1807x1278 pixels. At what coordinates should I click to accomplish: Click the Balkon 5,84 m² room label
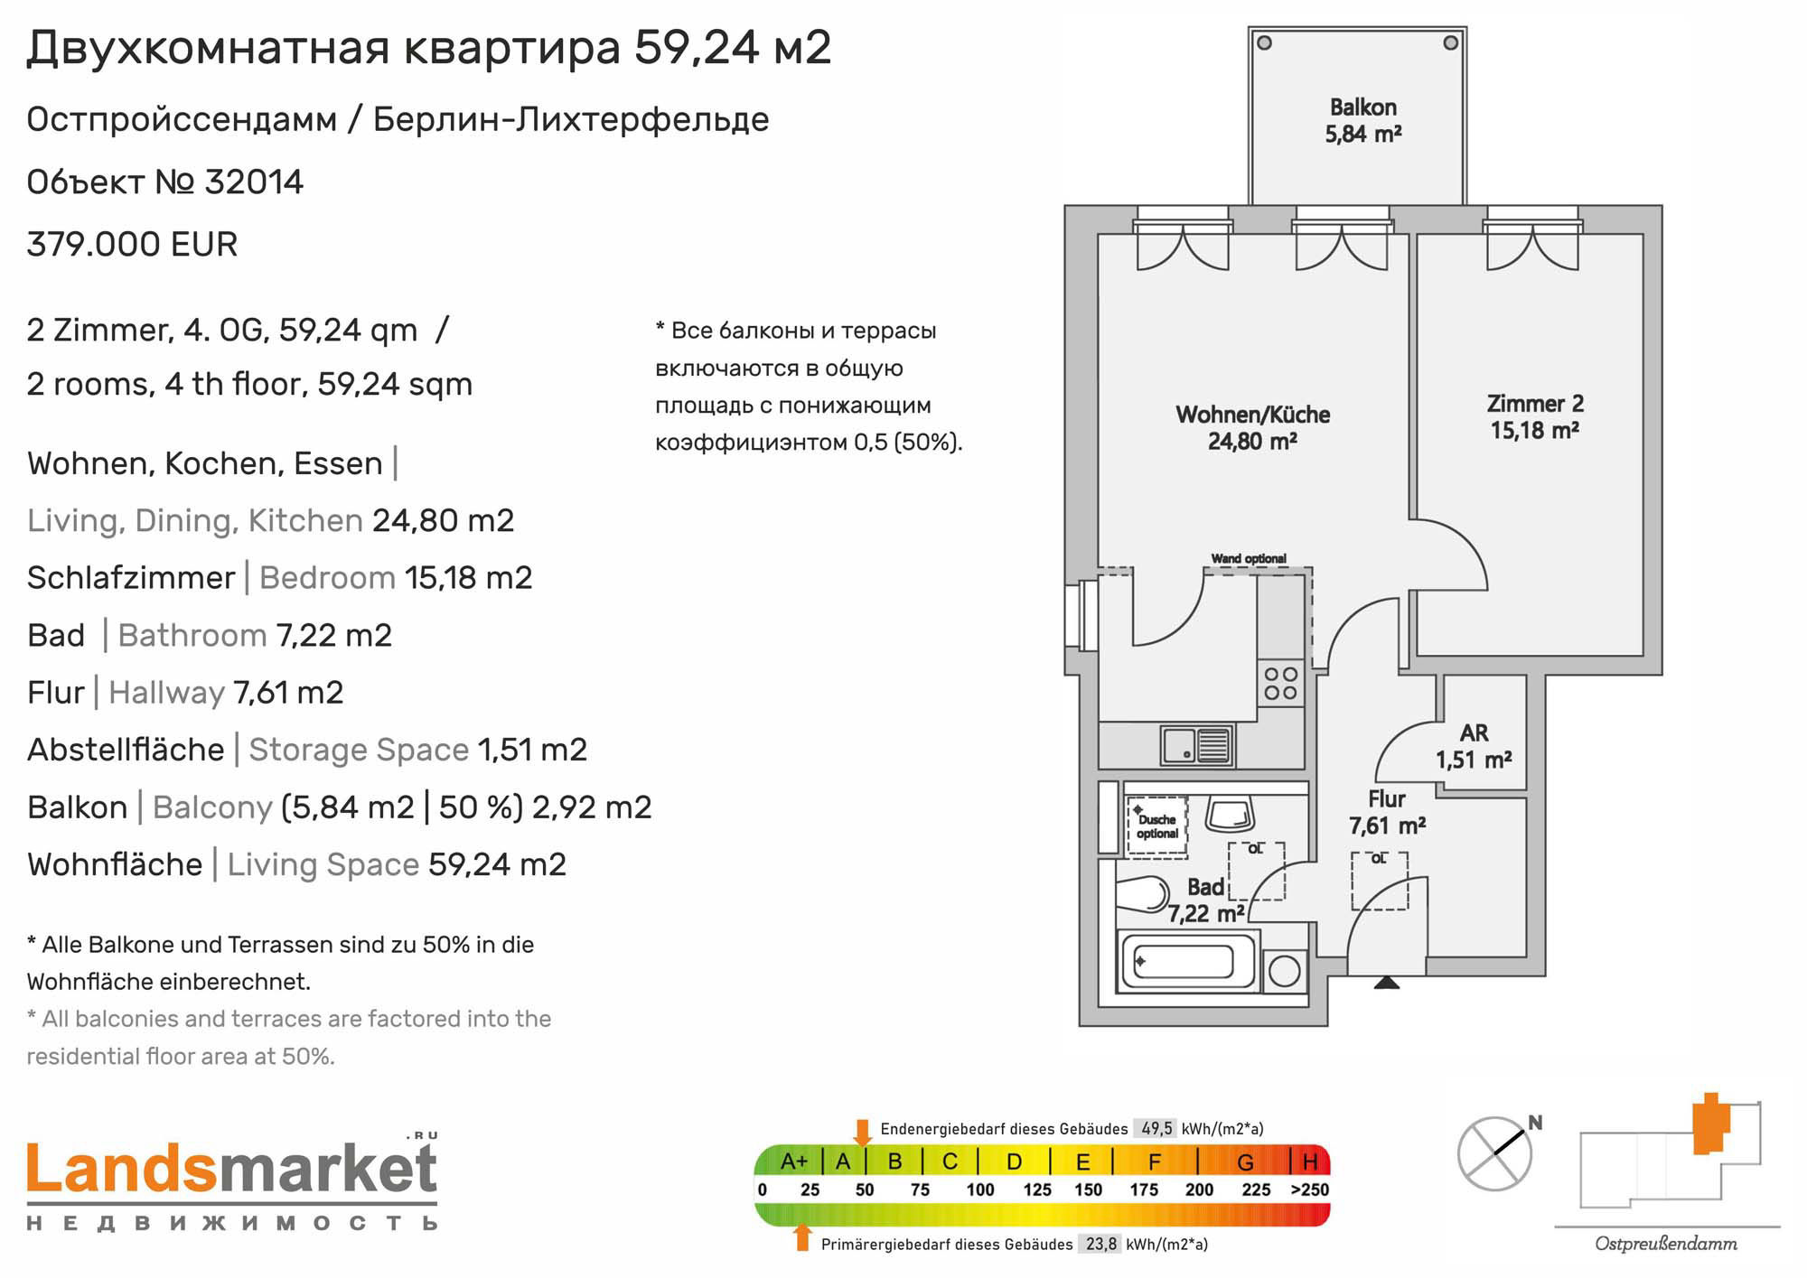click(1362, 121)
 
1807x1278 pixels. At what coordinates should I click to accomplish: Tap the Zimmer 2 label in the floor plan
click(1535, 416)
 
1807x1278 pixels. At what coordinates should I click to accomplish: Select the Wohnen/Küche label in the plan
click(1252, 427)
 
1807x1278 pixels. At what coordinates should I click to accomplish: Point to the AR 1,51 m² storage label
click(1474, 746)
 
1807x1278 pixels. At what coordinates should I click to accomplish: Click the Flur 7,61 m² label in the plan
click(1387, 812)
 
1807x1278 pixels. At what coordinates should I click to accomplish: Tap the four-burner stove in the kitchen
click(1280, 684)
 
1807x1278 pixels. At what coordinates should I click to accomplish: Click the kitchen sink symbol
click(1197, 746)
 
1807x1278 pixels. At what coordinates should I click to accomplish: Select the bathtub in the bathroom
click(1189, 962)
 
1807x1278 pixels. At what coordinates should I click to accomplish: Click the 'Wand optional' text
click(1249, 558)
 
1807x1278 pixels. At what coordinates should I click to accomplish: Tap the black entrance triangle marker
click(1387, 982)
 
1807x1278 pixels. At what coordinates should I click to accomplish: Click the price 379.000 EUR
click(132, 245)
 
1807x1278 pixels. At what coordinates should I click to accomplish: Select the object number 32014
click(254, 182)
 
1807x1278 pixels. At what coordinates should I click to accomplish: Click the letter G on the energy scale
click(1245, 1161)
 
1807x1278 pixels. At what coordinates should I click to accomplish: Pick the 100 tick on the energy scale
click(979, 1190)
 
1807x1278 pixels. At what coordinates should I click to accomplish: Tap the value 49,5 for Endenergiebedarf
click(1156, 1129)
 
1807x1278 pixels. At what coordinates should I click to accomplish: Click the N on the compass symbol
click(1535, 1123)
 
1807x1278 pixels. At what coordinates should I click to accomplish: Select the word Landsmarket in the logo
click(232, 1169)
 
